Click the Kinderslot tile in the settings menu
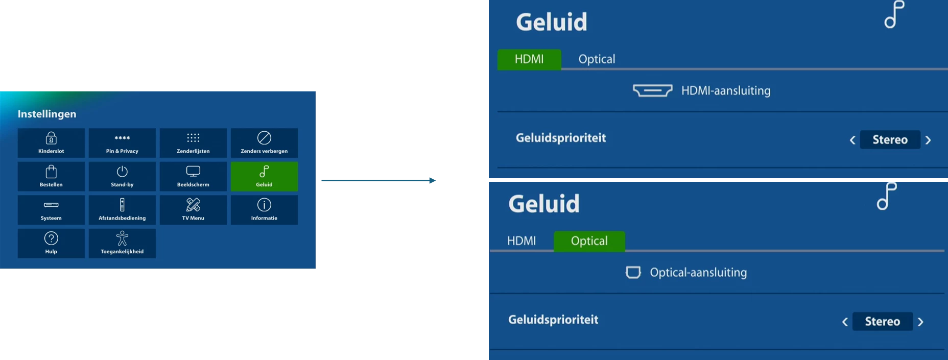pyautogui.click(x=51, y=143)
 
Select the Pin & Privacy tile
pyautogui.click(x=122, y=143)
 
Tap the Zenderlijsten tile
pyautogui.click(x=193, y=143)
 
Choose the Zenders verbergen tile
pyautogui.click(x=264, y=143)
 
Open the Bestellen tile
pyautogui.click(x=51, y=177)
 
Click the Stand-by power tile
pyautogui.click(x=122, y=177)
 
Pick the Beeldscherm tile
pyautogui.click(x=193, y=177)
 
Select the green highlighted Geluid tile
pyautogui.click(x=264, y=177)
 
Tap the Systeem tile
pyautogui.click(x=51, y=210)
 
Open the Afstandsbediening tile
pyautogui.click(x=122, y=210)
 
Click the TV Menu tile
pyautogui.click(x=193, y=210)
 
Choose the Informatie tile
pyautogui.click(x=264, y=210)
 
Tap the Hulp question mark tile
pyautogui.click(x=51, y=244)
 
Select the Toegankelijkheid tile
pyautogui.click(x=122, y=244)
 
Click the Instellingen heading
pyautogui.click(x=47, y=114)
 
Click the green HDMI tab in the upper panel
pyautogui.click(x=529, y=59)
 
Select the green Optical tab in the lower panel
pyautogui.click(x=589, y=241)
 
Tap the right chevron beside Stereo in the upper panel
pyautogui.click(x=928, y=140)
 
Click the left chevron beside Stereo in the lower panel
pyautogui.click(x=845, y=322)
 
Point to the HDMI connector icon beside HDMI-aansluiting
pyautogui.click(x=653, y=91)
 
